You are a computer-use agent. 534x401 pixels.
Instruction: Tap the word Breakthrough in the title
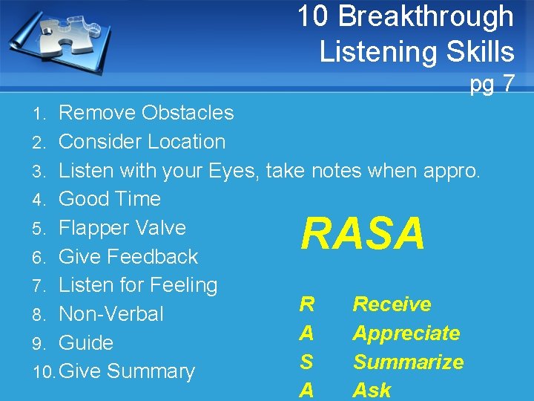click(x=429, y=16)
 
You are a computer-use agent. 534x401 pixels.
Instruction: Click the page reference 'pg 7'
click(x=491, y=84)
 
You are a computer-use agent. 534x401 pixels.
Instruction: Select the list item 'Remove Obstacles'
click(x=146, y=113)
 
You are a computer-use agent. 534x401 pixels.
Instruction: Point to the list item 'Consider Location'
click(x=142, y=142)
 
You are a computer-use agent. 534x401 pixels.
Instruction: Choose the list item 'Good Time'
click(x=110, y=199)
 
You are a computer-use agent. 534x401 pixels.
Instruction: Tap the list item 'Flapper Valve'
click(x=122, y=228)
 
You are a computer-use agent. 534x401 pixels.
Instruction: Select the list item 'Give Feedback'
click(x=128, y=257)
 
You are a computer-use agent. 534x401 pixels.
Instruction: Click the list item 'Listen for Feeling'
click(x=138, y=285)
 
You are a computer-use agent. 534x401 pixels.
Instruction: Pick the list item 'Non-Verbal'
click(x=111, y=314)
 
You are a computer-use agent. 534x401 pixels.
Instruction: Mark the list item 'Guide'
click(x=86, y=343)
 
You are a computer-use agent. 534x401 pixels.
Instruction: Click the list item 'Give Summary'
click(x=126, y=371)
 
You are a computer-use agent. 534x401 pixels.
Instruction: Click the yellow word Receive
click(x=392, y=304)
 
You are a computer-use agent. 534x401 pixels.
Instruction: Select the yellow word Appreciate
click(x=406, y=333)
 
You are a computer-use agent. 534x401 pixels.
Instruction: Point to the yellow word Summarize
click(x=408, y=362)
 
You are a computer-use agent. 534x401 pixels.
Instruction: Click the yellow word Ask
click(x=372, y=391)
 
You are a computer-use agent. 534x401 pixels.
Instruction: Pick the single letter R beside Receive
click(x=306, y=304)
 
